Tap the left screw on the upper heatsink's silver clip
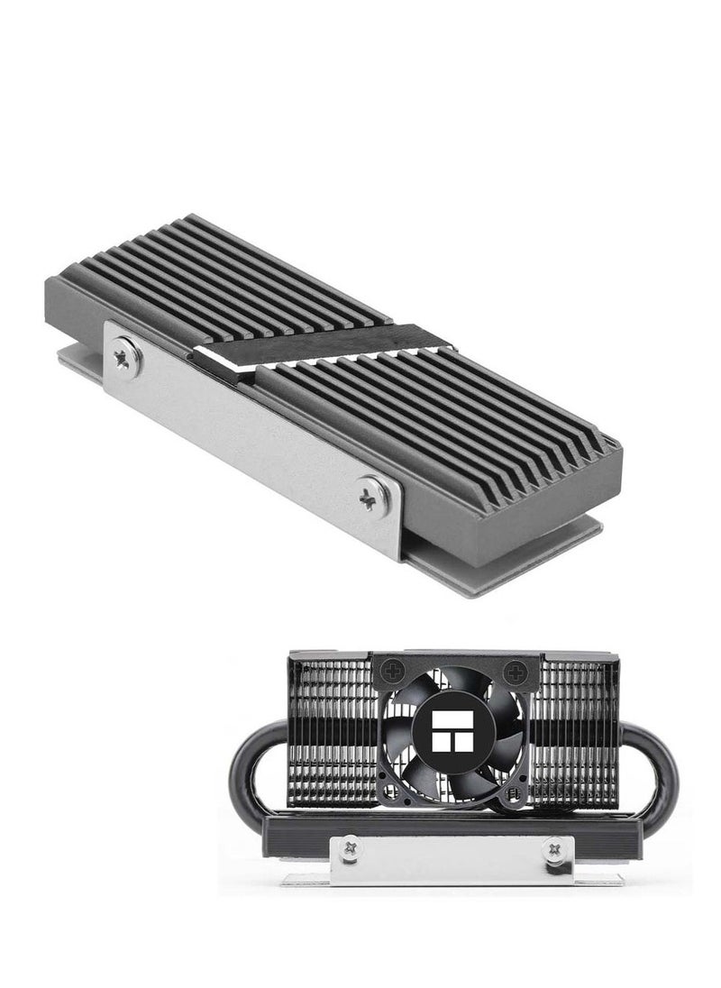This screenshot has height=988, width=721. (x=124, y=357)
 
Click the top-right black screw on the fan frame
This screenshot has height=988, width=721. (x=516, y=670)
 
